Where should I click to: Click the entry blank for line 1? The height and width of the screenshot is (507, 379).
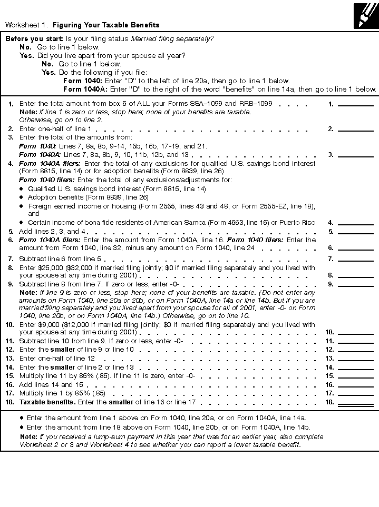pyautogui.click(x=355, y=104)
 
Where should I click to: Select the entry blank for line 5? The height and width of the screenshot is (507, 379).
pyautogui.click(x=355, y=231)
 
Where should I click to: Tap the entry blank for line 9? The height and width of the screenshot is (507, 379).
pyautogui.click(x=355, y=284)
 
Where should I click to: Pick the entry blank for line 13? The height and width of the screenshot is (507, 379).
pyautogui.click(x=355, y=358)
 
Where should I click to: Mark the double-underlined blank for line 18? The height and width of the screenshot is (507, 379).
pyautogui.click(x=355, y=402)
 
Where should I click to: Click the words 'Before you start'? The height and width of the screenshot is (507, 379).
pyautogui.click(x=34, y=39)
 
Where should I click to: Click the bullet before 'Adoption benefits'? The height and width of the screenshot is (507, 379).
pyautogui.click(x=22, y=197)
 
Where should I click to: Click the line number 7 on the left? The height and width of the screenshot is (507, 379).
pyautogui.click(x=11, y=259)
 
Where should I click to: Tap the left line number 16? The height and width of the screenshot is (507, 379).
pyautogui.click(x=9, y=385)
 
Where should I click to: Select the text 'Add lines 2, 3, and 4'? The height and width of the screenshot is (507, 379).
pyautogui.click(x=53, y=231)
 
